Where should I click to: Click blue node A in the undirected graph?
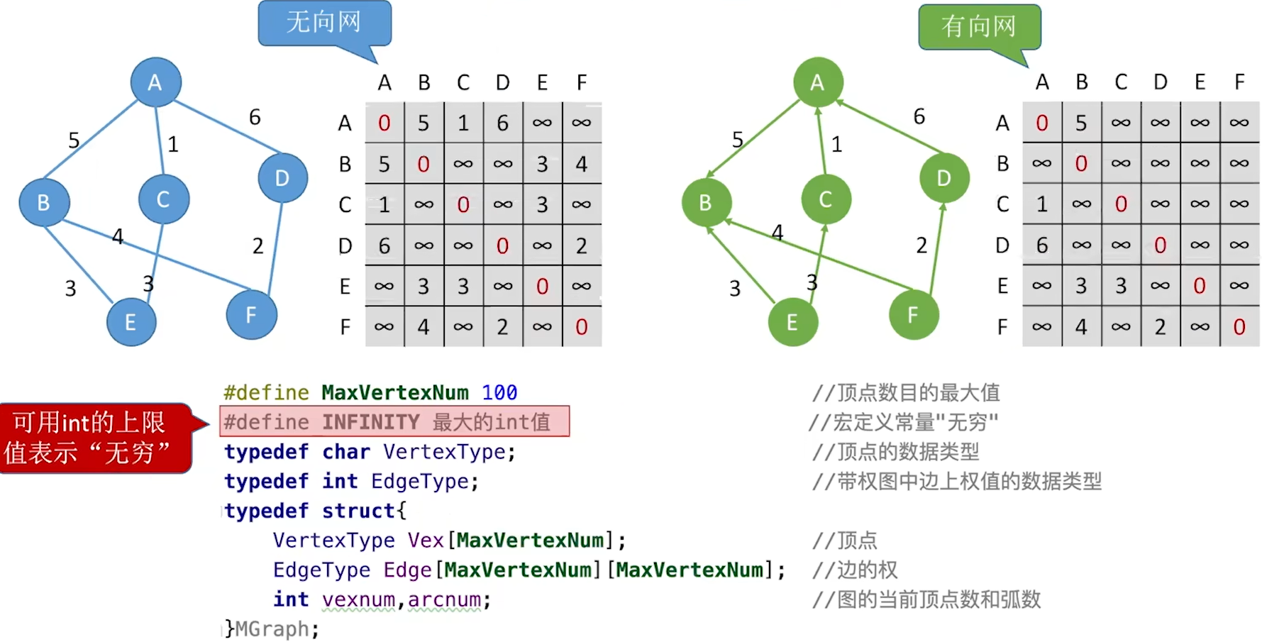155,82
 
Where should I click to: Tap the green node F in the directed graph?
913,314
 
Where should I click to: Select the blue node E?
131,322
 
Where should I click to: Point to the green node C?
826,199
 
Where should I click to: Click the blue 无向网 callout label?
324,23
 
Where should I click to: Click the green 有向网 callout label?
979,27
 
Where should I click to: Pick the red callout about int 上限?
96,438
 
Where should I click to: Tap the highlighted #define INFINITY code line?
394,421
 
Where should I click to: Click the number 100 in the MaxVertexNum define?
499,392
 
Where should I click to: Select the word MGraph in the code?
276,629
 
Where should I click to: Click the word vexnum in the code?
358,599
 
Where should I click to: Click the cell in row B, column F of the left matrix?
582,164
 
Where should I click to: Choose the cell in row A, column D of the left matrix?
503,123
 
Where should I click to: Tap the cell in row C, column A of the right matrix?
1042,204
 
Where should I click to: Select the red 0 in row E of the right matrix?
1200,286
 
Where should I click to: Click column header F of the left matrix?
582,83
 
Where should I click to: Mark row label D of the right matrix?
1002,245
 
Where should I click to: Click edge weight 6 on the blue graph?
255,117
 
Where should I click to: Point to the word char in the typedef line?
346,452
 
